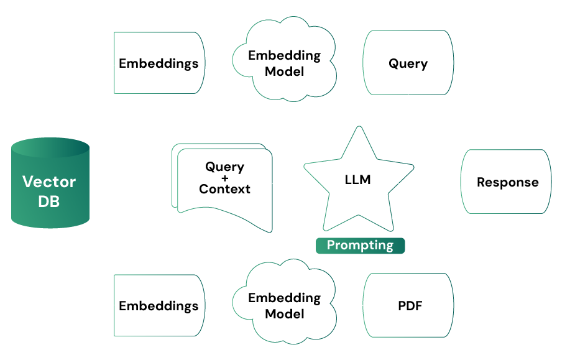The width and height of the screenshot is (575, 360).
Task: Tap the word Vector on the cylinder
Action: [x=49, y=182]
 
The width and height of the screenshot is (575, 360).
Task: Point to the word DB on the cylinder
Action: [x=49, y=201]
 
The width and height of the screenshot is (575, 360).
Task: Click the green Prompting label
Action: [x=360, y=245]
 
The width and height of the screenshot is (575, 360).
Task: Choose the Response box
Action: [x=507, y=182]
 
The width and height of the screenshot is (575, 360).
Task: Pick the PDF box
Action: [x=408, y=306]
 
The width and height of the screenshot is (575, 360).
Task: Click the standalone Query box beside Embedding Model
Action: [x=408, y=63]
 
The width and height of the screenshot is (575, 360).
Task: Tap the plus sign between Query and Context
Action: [x=224, y=178]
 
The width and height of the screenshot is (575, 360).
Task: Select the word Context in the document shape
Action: [x=224, y=189]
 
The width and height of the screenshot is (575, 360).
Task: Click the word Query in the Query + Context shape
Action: [x=224, y=167]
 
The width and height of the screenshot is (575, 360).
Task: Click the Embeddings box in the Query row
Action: [x=159, y=63]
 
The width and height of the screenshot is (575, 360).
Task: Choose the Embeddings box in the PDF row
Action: [x=159, y=306]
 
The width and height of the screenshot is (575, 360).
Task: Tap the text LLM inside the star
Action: [x=357, y=180]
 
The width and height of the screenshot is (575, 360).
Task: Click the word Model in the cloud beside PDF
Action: [x=284, y=314]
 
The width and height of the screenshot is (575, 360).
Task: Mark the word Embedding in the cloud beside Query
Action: [x=284, y=55]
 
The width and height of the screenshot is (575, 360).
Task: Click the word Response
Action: [x=507, y=182]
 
